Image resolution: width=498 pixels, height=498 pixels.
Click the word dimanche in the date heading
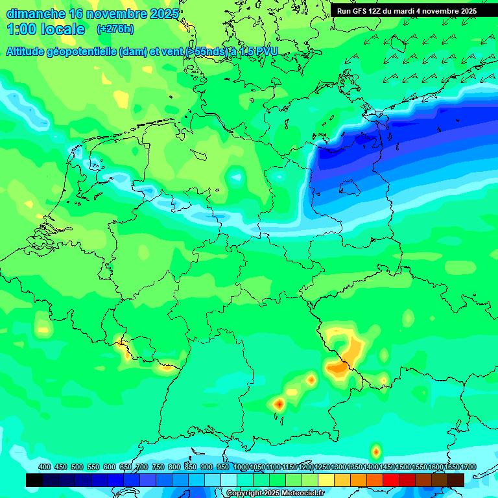pos(35,14)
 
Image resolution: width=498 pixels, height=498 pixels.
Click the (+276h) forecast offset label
pos(115,29)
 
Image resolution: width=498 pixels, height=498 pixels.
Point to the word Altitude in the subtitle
pos(30,51)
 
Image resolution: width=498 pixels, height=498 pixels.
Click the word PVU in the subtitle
pos(265,51)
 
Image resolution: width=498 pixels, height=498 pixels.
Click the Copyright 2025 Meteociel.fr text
pos(275,493)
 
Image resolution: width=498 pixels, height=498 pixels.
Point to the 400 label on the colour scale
pos(45,467)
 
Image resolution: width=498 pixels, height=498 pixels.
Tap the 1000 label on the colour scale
pos(241,467)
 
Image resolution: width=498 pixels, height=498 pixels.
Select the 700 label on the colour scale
pos(142,467)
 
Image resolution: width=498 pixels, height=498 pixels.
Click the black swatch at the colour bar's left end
pos(34,480)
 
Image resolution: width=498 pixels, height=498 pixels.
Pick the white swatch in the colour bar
pos(229,480)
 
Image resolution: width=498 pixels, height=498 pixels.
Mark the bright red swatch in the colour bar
pos(391,480)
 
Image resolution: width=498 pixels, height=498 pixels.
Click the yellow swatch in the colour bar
pos(326,480)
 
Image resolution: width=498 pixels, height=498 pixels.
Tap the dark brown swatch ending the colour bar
pos(456,480)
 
